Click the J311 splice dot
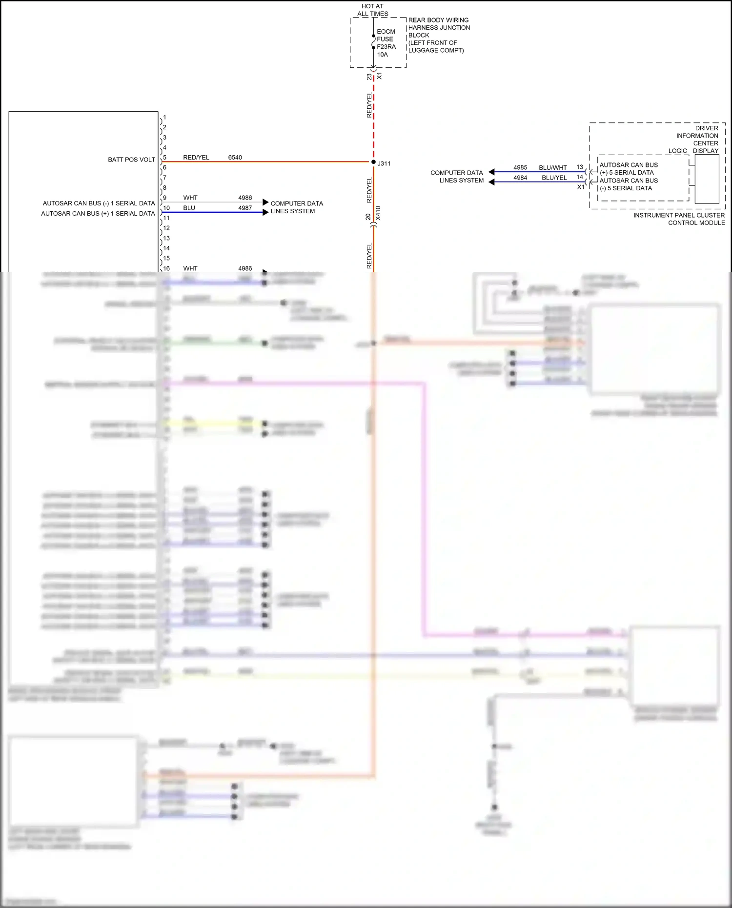pyautogui.click(x=373, y=162)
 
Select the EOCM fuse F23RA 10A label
pyautogui.click(x=386, y=43)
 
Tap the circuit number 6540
pyautogui.click(x=235, y=158)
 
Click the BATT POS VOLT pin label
pyautogui.click(x=131, y=160)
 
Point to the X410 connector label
pyautogui.click(x=378, y=213)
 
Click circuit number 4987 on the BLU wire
pyautogui.click(x=245, y=208)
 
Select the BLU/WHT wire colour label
pyautogui.click(x=552, y=167)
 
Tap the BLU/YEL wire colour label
pyautogui.click(x=554, y=178)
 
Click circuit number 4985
pyautogui.click(x=520, y=167)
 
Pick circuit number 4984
pyautogui.click(x=520, y=178)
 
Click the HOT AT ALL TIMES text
pyautogui.click(x=372, y=10)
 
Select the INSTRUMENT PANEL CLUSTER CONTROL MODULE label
pyautogui.click(x=679, y=219)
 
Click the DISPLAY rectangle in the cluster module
pyautogui.click(x=707, y=179)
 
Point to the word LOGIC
pyautogui.click(x=677, y=151)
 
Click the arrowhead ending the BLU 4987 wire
pyautogui.click(x=265, y=212)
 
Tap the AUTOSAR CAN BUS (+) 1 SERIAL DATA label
pyautogui.click(x=98, y=214)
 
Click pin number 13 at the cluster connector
pyautogui.click(x=579, y=167)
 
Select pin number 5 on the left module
pyautogui.click(x=165, y=158)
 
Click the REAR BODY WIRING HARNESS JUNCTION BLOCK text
pyautogui.click(x=438, y=35)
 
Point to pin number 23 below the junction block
pyautogui.click(x=369, y=77)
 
